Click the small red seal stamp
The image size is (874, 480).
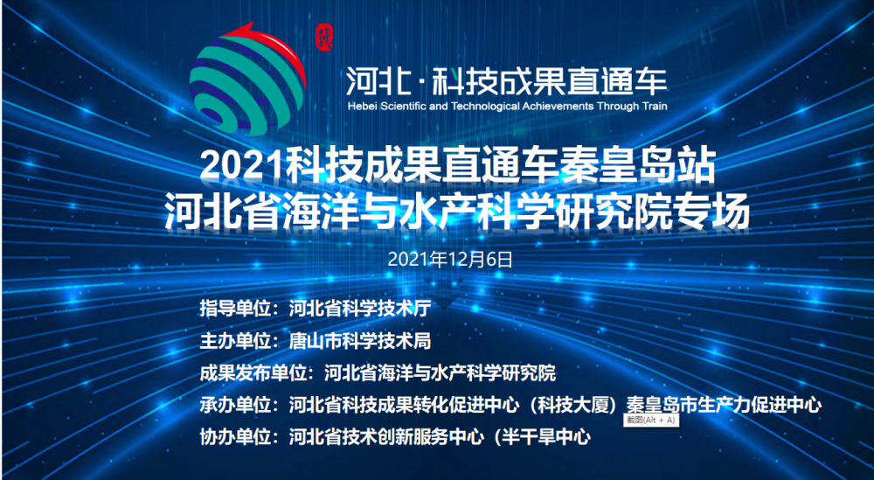324,38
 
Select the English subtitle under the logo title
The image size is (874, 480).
507,106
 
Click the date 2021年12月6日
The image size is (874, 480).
450,260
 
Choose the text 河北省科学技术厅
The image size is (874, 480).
360,309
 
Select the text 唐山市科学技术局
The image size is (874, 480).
360,341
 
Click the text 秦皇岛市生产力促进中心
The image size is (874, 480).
723,406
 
